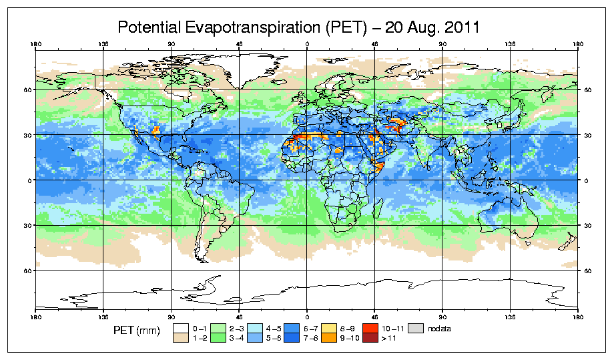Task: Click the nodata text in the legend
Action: tap(440, 328)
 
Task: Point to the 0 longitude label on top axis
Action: tap(307, 45)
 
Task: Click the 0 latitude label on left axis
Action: tap(29, 180)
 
